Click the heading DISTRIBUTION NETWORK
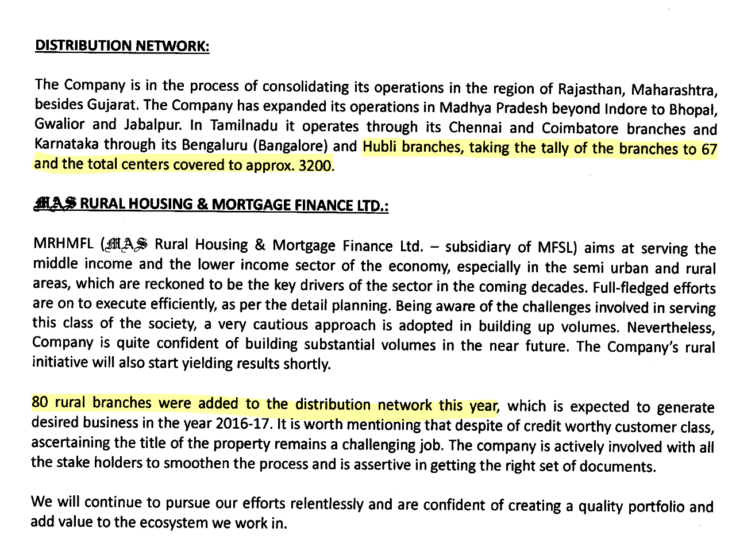(x=122, y=46)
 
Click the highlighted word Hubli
(x=382, y=147)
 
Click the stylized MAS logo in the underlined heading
(x=55, y=205)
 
